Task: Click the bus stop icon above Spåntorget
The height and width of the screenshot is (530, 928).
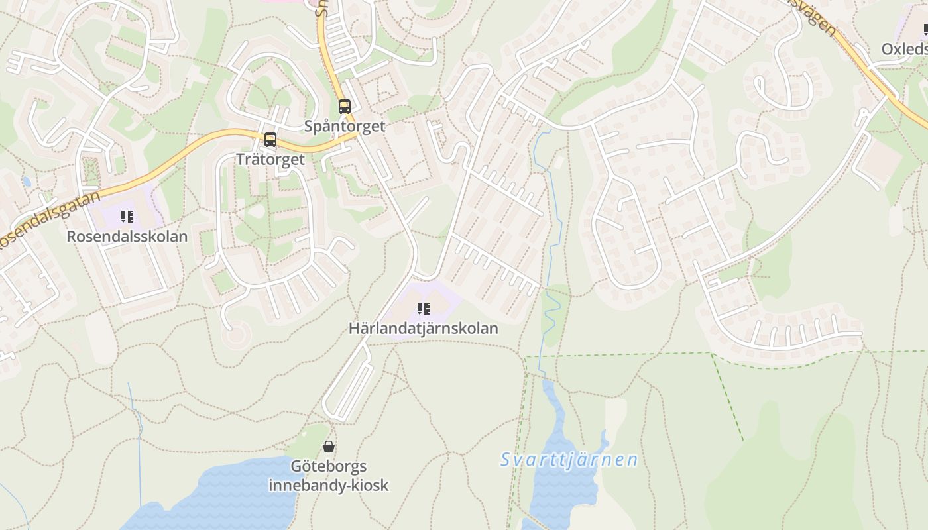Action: click(345, 107)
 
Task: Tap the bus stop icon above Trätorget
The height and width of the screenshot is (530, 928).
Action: click(270, 140)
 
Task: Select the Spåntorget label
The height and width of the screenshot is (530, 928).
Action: click(345, 126)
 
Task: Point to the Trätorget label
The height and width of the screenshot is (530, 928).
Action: click(270, 159)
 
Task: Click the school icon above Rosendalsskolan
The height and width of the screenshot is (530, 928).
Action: click(127, 217)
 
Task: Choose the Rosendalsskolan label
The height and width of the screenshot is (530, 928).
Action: click(127, 236)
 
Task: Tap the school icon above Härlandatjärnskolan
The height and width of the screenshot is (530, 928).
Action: click(424, 309)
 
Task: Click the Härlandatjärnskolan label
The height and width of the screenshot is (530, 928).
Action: click(424, 328)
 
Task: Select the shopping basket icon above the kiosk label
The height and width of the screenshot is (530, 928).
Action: click(329, 447)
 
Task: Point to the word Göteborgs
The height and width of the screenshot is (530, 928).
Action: click(329, 466)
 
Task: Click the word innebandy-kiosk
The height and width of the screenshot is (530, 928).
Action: click(329, 485)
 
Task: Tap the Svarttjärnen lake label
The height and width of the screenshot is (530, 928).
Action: click(569, 460)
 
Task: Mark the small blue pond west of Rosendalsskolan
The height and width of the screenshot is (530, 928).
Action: click(27, 182)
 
